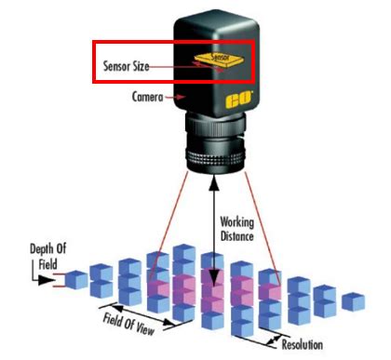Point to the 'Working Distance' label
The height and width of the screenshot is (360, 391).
pos(240,230)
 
